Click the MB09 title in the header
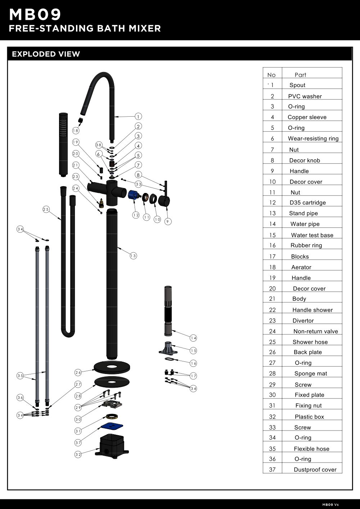pyautogui.click(x=35, y=15)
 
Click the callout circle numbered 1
pyautogui.click(x=139, y=116)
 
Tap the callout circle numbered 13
pyautogui.click(x=133, y=256)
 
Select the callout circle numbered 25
pyautogui.click(x=46, y=209)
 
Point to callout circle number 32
pyautogui.click(x=78, y=454)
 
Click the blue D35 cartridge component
pyautogui.click(x=133, y=195)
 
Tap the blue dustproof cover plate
pyautogui.click(x=112, y=427)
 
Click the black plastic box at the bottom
pyautogui.click(x=112, y=446)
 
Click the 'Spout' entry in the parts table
pyautogui.click(x=297, y=85)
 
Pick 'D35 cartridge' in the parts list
pyautogui.click(x=307, y=203)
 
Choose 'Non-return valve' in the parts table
pyautogui.click(x=315, y=332)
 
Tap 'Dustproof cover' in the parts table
pyautogui.click(x=315, y=470)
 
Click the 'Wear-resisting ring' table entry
pyautogui.click(x=313, y=139)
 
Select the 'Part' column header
pyautogui.click(x=300, y=75)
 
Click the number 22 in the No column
pyautogui.click(x=272, y=310)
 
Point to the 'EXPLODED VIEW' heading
pyautogui.click(x=46, y=54)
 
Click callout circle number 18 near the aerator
pyautogui.click(x=76, y=131)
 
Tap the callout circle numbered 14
pyautogui.click(x=194, y=338)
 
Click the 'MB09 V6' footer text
pyautogui.click(x=330, y=505)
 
